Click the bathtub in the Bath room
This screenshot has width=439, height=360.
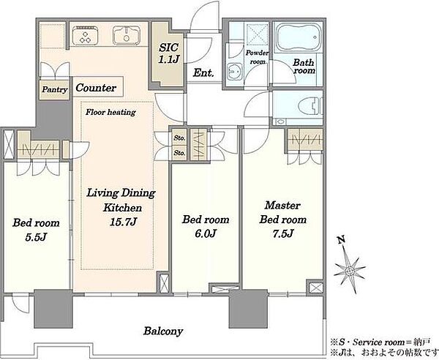tap(299, 37)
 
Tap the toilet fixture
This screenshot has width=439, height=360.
tap(310, 107)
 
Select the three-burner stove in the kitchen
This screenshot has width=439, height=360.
tap(85, 36)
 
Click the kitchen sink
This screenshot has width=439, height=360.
tap(127, 35)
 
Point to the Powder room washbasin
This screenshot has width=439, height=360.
tap(235, 72)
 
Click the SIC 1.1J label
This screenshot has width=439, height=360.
tap(169, 53)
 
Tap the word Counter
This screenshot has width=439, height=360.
tap(96, 88)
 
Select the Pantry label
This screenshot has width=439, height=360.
tap(55, 90)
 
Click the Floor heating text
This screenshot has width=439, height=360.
tap(111, 112)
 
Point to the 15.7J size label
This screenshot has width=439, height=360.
tap(124, 222)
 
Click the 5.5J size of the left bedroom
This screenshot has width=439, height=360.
tap(36, 237)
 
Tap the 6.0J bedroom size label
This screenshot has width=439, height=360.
tap(206, 233)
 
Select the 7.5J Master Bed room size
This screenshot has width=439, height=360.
tap(283, 233)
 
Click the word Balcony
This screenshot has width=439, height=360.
tap(163, 331)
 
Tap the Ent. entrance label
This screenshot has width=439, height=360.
tap(203, 73)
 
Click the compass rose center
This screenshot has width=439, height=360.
tap(350, 271)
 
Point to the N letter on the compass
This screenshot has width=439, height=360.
tap(341, 239)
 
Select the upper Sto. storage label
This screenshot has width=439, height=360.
tap(179, 138)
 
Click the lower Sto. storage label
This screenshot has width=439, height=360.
tap(179, 153)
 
